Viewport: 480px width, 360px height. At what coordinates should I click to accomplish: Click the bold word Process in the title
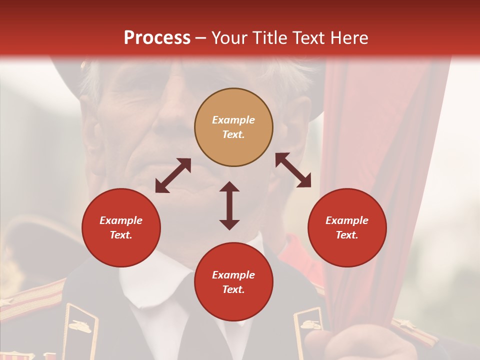(157, 38)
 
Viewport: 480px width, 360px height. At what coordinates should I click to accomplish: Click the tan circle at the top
(233, 127)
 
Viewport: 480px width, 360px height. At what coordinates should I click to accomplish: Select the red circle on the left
(121, 227)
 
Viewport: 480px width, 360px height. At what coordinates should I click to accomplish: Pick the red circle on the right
(347, 227)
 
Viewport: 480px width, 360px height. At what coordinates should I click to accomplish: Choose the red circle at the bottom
(233, 282)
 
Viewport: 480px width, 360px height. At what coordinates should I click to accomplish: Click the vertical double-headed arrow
(229, 205)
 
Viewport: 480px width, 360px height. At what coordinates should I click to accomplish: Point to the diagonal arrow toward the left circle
(173, 175)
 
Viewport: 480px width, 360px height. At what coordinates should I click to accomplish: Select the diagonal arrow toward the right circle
(293, 170)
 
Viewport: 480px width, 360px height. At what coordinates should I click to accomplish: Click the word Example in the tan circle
(233, 120)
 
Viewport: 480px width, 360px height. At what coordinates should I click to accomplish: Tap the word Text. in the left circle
(121, 235)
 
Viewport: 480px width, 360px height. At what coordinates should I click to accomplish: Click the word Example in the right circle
(347, 220)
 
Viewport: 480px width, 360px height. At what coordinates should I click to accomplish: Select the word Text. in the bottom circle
(233, 289)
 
